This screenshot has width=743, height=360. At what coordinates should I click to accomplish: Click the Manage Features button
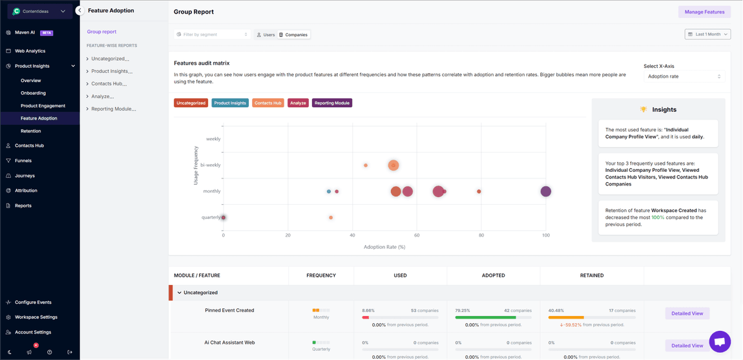click(704, 12)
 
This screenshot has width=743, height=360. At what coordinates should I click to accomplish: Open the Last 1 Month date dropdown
click(707, 34)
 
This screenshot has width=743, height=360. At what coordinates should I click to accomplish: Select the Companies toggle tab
click(293, 35)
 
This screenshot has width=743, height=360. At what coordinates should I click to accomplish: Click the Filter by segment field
click(212, 34)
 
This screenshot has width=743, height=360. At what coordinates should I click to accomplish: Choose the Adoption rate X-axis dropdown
click(684, 76)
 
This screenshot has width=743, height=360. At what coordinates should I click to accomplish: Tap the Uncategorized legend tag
click(191, 103)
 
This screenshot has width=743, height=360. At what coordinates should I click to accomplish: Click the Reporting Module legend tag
click(331, 103)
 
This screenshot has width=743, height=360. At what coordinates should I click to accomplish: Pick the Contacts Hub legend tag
click(267, 103)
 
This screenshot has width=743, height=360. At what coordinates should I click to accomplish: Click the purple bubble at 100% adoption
click(546, 191)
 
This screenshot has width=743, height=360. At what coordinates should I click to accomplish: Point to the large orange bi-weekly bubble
click(393, 165)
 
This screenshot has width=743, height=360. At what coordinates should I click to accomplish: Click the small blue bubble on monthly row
click(329, 191)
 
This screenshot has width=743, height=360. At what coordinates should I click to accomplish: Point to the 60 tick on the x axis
click(417, 235)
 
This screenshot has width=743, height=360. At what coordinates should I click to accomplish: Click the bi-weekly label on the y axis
click(210, 165)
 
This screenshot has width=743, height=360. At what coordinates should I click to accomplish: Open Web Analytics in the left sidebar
click(30, 51)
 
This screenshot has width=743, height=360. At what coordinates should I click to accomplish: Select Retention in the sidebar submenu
click(30, 131)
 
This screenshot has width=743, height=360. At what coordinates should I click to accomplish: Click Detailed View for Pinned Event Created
click(687, 313)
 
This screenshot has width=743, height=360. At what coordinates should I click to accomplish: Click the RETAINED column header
click(591, 275)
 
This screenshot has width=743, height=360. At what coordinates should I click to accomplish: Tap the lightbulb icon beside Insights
click(643, 110)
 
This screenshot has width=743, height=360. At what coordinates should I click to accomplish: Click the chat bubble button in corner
click(720, 341)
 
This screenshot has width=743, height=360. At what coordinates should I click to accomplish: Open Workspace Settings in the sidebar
click(36, 317)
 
